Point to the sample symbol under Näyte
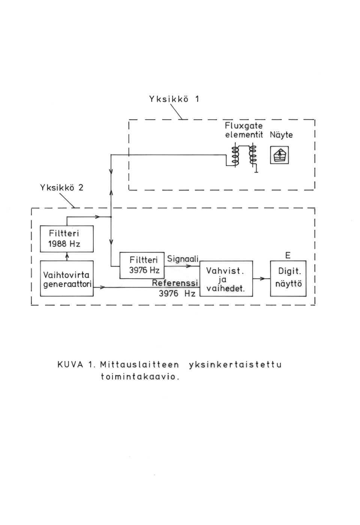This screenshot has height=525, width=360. click(279, 155)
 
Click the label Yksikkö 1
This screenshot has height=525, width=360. click(174, 99)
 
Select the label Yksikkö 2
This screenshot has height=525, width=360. click(61, 188)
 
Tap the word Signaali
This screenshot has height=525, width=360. click(183, 259)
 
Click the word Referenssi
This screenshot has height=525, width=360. click(175, 283)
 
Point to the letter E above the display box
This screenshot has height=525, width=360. click(288, 255)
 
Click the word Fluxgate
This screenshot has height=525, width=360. click(244, 126)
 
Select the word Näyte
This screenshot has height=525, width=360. click(281, 135)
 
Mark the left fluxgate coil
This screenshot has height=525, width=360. click(235, 155)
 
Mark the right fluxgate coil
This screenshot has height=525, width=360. click(253, 155)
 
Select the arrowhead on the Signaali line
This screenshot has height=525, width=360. click(189, 266)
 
